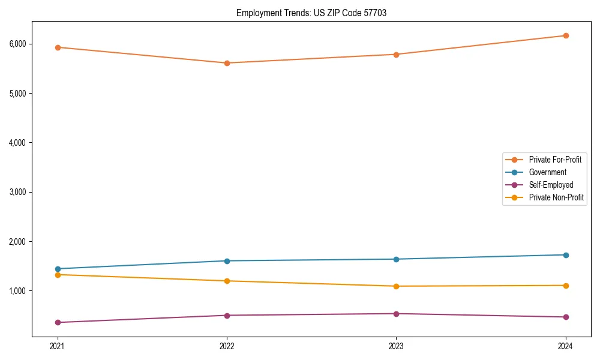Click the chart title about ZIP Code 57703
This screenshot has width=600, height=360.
(x=311, y=13)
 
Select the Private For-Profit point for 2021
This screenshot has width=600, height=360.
(x=58, y=47)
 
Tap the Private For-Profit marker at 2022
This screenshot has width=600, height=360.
(x=227, y=63)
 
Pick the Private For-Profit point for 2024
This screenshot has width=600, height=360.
(x=566, y=35)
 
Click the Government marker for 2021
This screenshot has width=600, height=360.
(x=58, y=269)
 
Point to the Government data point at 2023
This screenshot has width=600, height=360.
(x=396, y=259)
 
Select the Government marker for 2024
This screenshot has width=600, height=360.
(x=566, y=255)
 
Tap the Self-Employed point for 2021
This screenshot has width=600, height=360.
(x=58, y=322)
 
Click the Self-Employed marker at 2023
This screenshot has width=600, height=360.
(x=396, y=314)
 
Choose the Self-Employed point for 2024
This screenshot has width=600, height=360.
(x=566, y=317)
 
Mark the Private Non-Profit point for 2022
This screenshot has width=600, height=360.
(x=227, y=281)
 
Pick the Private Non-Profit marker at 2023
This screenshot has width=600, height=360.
(x=396, y=286)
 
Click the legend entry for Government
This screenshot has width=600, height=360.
(x=547, y=172)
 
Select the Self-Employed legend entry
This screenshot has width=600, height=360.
(x=551, y=185)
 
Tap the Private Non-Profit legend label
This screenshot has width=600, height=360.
(x=556, y=197)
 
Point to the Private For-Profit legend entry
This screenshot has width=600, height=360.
(x=555, y=160)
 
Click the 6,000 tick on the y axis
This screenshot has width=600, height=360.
(x=17, y=44)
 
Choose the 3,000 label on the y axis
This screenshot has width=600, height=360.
(x=17, y=192)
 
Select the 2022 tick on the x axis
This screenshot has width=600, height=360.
(x=227, y=346)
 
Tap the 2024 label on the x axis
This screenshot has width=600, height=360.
(x=566, y=346)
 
